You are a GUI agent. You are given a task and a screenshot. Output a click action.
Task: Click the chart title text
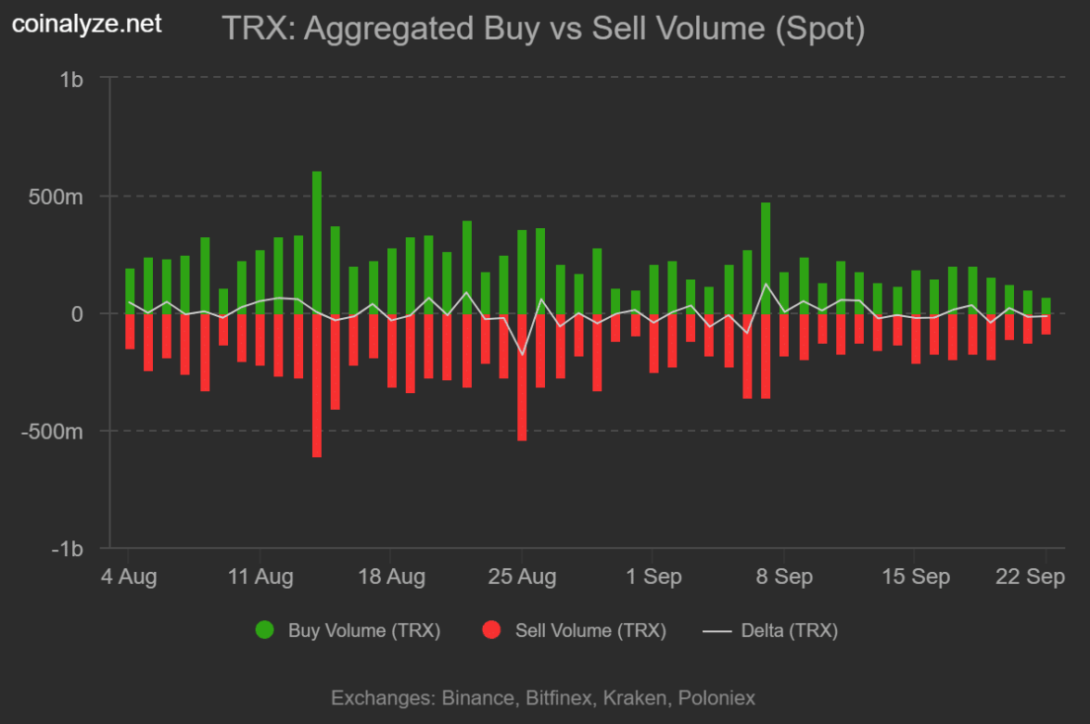click(x=543, y=29)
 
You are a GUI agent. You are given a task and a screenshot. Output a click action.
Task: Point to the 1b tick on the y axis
click(x=71, y=80)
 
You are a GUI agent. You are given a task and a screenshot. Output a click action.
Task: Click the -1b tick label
click(x=68, y=549)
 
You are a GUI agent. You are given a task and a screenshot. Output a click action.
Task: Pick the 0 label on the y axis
click(x=77, y=314)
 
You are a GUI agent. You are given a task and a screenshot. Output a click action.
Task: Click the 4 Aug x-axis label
click(x=128, y=577)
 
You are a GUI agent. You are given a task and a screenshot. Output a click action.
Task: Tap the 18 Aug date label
click(x=392, y=577)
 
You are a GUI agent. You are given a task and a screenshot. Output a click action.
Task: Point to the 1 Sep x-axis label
click(x=653, y=577)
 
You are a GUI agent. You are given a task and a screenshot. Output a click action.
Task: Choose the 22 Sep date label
click(x=1031, y=577)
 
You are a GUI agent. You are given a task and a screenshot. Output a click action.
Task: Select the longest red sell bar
click(x=317, y=385)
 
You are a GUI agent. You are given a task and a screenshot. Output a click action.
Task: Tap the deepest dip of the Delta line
click(x=522, y=354)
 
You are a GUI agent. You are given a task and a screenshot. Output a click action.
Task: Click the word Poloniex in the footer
click(x=716, y=698)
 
